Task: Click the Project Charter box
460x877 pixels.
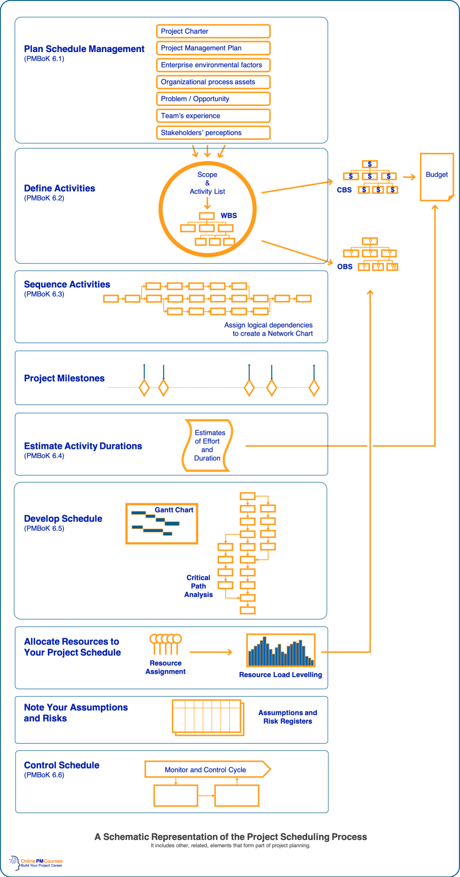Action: [213, 31]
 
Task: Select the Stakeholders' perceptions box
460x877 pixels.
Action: [213, 132]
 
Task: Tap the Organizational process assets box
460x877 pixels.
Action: [213, 82]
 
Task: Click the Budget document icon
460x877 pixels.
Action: [436, 177]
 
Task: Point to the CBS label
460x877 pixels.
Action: [344, 190]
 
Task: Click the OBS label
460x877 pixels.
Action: [345, 267]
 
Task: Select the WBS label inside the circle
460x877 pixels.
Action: [229, 216]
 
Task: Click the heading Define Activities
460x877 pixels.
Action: [59, 188]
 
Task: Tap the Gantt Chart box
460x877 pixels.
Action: [162, 523]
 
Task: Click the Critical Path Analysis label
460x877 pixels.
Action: [199, 586]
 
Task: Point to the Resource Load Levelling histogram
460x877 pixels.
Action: [281, 650]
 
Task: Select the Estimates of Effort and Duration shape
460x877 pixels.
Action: [208, 445]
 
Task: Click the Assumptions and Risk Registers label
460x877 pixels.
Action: [287, 717]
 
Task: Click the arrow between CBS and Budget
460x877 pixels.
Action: [409, 177]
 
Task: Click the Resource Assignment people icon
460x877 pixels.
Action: [165, 644]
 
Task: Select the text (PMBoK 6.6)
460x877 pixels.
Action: [44, 775]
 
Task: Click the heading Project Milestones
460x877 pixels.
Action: [64, 378]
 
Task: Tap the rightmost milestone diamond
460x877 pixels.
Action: [314, 388]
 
